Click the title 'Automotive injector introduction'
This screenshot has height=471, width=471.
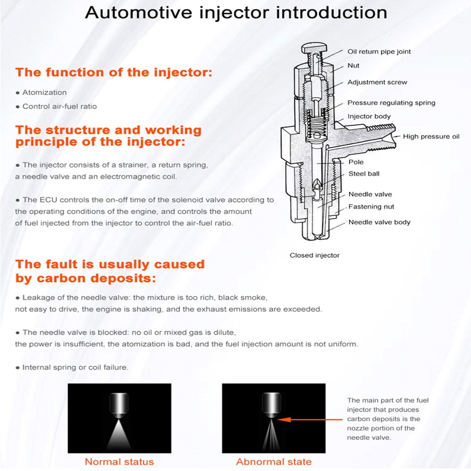pos(235,13)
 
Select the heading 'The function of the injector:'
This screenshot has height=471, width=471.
pos(114,73)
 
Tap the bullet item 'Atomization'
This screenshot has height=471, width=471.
pos(44,92)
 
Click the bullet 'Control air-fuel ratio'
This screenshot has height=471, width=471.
pos(59,106)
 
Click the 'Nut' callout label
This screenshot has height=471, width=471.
pos(353,65)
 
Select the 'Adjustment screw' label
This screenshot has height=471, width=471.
pos(377,82)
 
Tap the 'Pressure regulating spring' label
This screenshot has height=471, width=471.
pos(391,103)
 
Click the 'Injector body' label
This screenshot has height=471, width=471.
pos(369,116)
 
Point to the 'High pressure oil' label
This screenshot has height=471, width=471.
pos(431,137)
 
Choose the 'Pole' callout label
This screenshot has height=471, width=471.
pos(356,162)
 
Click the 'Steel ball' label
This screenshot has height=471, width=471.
pos(364,174)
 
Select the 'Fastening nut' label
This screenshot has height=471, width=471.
pos(371,206)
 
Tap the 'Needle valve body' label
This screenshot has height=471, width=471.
pos(379,222)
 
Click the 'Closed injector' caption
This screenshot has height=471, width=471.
pos(314,255)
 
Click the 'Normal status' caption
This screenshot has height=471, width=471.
pos(119,462)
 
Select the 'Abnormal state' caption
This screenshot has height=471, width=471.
pos(274,462)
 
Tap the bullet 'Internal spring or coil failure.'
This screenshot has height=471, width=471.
pos(75,367)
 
